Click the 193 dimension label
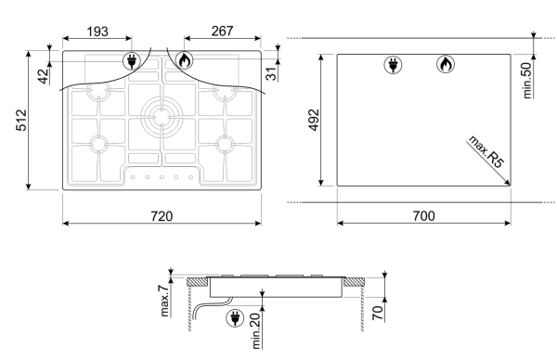tap(97, 32)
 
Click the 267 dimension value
tap(223, 32)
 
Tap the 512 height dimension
tap(21, 120)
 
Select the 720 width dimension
tap(162, 216)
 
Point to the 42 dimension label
tap(43, 76)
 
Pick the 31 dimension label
tap(271, 74)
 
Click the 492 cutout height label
tap(314, 120)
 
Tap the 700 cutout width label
tap(424, 216)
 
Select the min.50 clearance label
tap(527, 81)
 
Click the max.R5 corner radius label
tap(486, 151)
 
